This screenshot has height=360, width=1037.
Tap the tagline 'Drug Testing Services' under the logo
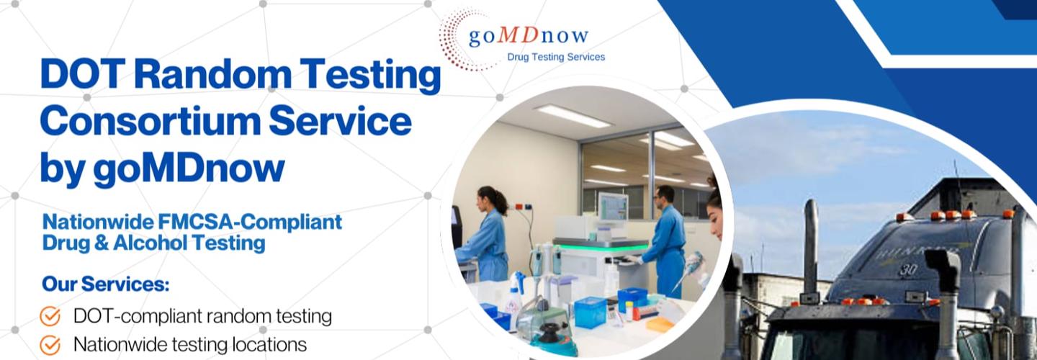[x=556, y=57]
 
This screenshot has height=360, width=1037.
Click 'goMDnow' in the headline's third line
[x=189, y=167]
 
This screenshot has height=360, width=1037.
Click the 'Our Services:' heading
[x=105, y=284]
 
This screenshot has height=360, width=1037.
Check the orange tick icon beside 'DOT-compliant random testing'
[x=50, y=316]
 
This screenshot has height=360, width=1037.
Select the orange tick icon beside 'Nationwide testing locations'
[x=50, y=345]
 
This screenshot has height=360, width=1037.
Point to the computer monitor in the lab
[x=612, y=207]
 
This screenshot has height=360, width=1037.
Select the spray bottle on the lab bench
[x=516, y=292]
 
